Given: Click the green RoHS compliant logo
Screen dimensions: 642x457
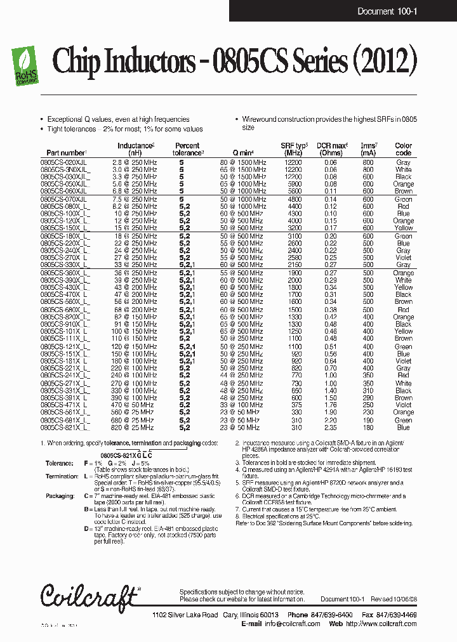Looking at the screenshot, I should point(25,63).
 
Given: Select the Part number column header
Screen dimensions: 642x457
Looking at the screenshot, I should point(65,153).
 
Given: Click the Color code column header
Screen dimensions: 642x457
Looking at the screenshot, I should point(403,149).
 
